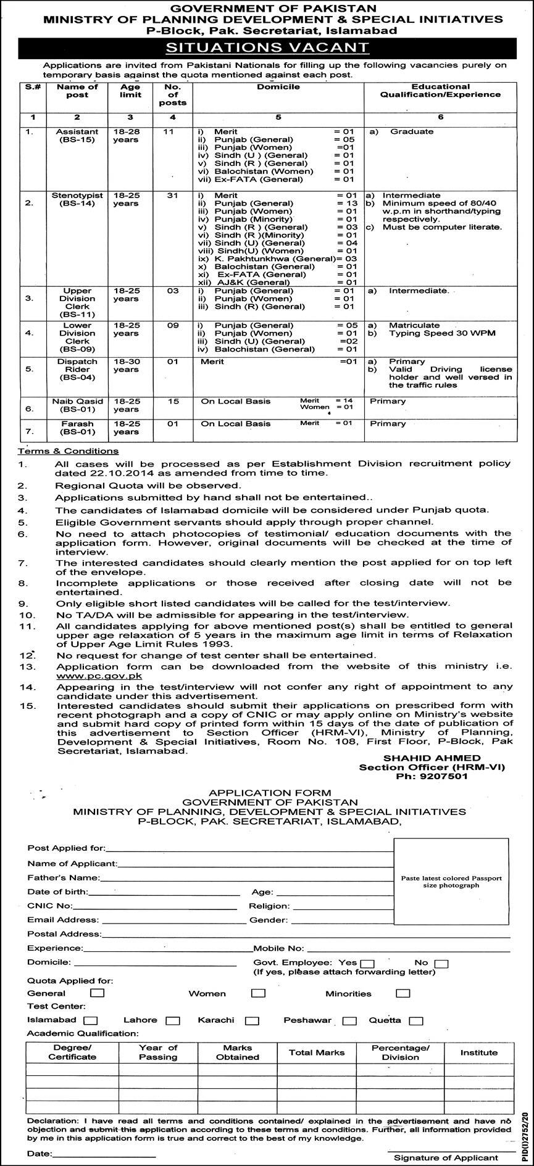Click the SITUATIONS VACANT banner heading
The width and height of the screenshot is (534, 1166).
pos(267,47)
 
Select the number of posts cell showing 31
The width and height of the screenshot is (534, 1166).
pos(173,196)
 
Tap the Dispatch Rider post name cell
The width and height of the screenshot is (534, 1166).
pos(78,369)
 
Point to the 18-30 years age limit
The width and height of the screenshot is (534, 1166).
pos(127,365)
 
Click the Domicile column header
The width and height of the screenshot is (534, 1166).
pos(278,87)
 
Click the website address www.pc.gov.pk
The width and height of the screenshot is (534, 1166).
pos(99,676)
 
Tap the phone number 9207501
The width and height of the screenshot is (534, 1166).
pos(432,777)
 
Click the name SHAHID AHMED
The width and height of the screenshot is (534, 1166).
pos(432,758)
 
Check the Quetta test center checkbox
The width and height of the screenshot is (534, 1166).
pos(415,1021)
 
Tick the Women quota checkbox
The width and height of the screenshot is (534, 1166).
pos(258,993)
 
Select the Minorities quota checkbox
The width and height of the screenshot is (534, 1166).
pos(403,993)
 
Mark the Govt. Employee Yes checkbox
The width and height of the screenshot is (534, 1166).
pos(367,964)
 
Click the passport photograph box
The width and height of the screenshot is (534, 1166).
pos(451,882)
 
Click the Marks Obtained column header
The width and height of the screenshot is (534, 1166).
pos(238,1052)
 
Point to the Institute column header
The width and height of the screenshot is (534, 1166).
pos(478,1052)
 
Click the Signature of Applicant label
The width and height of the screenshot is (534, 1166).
pos(446,1158)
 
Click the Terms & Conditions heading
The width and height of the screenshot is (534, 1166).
pos(68,451)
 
